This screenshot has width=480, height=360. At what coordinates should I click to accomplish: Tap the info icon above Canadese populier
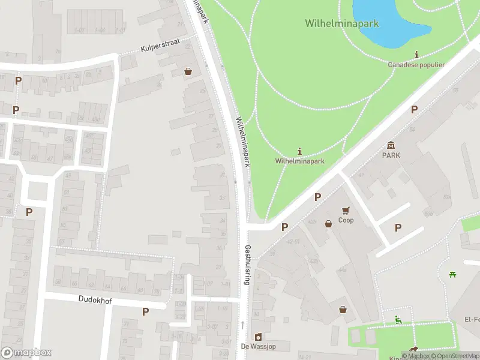pyautogui.click(x=417, y=55)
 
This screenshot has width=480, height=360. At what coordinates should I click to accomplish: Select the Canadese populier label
pyautogui.click(x=416, y=65)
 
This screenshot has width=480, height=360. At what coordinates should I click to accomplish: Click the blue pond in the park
pyautogui.click(x=389, y=22)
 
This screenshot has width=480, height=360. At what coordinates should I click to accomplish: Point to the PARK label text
pyautogui.click(x=391, y=155)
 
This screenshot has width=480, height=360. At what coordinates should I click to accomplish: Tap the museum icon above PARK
pyautogui.click(x=391, y=145)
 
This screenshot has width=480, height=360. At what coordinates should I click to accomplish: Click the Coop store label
pyautogui.click(x=346, y=220)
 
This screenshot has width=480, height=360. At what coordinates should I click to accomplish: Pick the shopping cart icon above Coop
pyautogui.click(x=346, y=211)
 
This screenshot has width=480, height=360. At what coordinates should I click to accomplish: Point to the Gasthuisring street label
pyautogui.click(x=247, y=264)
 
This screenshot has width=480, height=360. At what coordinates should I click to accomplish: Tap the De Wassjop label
pyautogui.click(x=257, y=346)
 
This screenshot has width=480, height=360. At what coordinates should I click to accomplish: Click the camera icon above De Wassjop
pyautogui.click(x=258, y=337)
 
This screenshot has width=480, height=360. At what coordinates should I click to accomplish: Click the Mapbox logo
pyautogui.click(x=26, y=353)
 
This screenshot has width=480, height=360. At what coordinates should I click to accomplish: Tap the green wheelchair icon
pyautogui.click(x=398, y=319)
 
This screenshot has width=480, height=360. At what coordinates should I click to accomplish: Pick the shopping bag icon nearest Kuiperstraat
pyautogui.click(x=188, y=71)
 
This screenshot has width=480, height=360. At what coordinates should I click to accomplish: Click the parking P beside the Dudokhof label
pyautogui.click(x=145, y=311)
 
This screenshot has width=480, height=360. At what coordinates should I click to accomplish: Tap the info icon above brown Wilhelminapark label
pyautogui.click(x=299, y=151)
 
